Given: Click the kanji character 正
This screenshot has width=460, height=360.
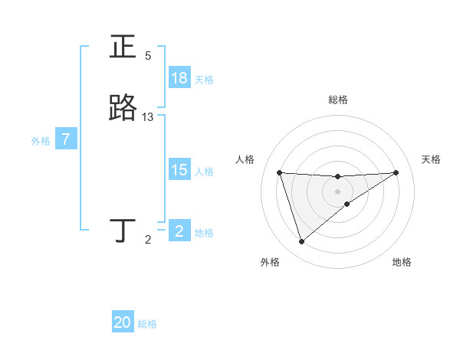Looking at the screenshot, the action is (x=123, y=47).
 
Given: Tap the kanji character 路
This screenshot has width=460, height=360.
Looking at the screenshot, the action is (x=123, y=109).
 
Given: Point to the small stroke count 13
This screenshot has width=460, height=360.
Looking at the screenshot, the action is (x=148, y=117).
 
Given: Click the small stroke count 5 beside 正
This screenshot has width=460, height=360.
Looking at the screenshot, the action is (x=148, y=56).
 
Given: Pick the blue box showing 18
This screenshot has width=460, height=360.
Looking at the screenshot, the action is (x=179, y=78).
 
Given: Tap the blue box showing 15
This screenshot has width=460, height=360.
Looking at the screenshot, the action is (x=179, y=170).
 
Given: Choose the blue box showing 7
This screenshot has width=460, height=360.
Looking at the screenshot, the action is (x=66, y=140).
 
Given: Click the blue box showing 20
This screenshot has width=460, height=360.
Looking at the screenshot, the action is (x=123, y=323).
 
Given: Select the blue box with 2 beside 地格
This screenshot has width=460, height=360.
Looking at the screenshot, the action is (x=179, y=231).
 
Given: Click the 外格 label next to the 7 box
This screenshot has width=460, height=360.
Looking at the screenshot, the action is (x=40, y=141).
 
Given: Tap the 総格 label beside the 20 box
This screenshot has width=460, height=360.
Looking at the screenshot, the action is (x=147, y=324).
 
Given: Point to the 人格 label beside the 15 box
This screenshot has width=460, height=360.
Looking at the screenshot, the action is (x=205, y=172).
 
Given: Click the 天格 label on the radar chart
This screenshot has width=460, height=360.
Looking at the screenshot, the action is (x=431, y=159).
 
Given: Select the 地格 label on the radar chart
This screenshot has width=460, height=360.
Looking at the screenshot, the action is (x=402, y=262).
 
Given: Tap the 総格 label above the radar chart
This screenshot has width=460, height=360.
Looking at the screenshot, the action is (x=338, y=100).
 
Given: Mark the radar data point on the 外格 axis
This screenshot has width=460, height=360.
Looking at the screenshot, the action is (x=301, y=242).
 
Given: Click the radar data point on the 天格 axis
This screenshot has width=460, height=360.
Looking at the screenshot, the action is (x=396, y=172).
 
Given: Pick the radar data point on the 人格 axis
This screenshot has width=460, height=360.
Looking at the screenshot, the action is (x=279, y=172).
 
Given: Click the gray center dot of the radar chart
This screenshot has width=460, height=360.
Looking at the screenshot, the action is (x=337, y=191).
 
